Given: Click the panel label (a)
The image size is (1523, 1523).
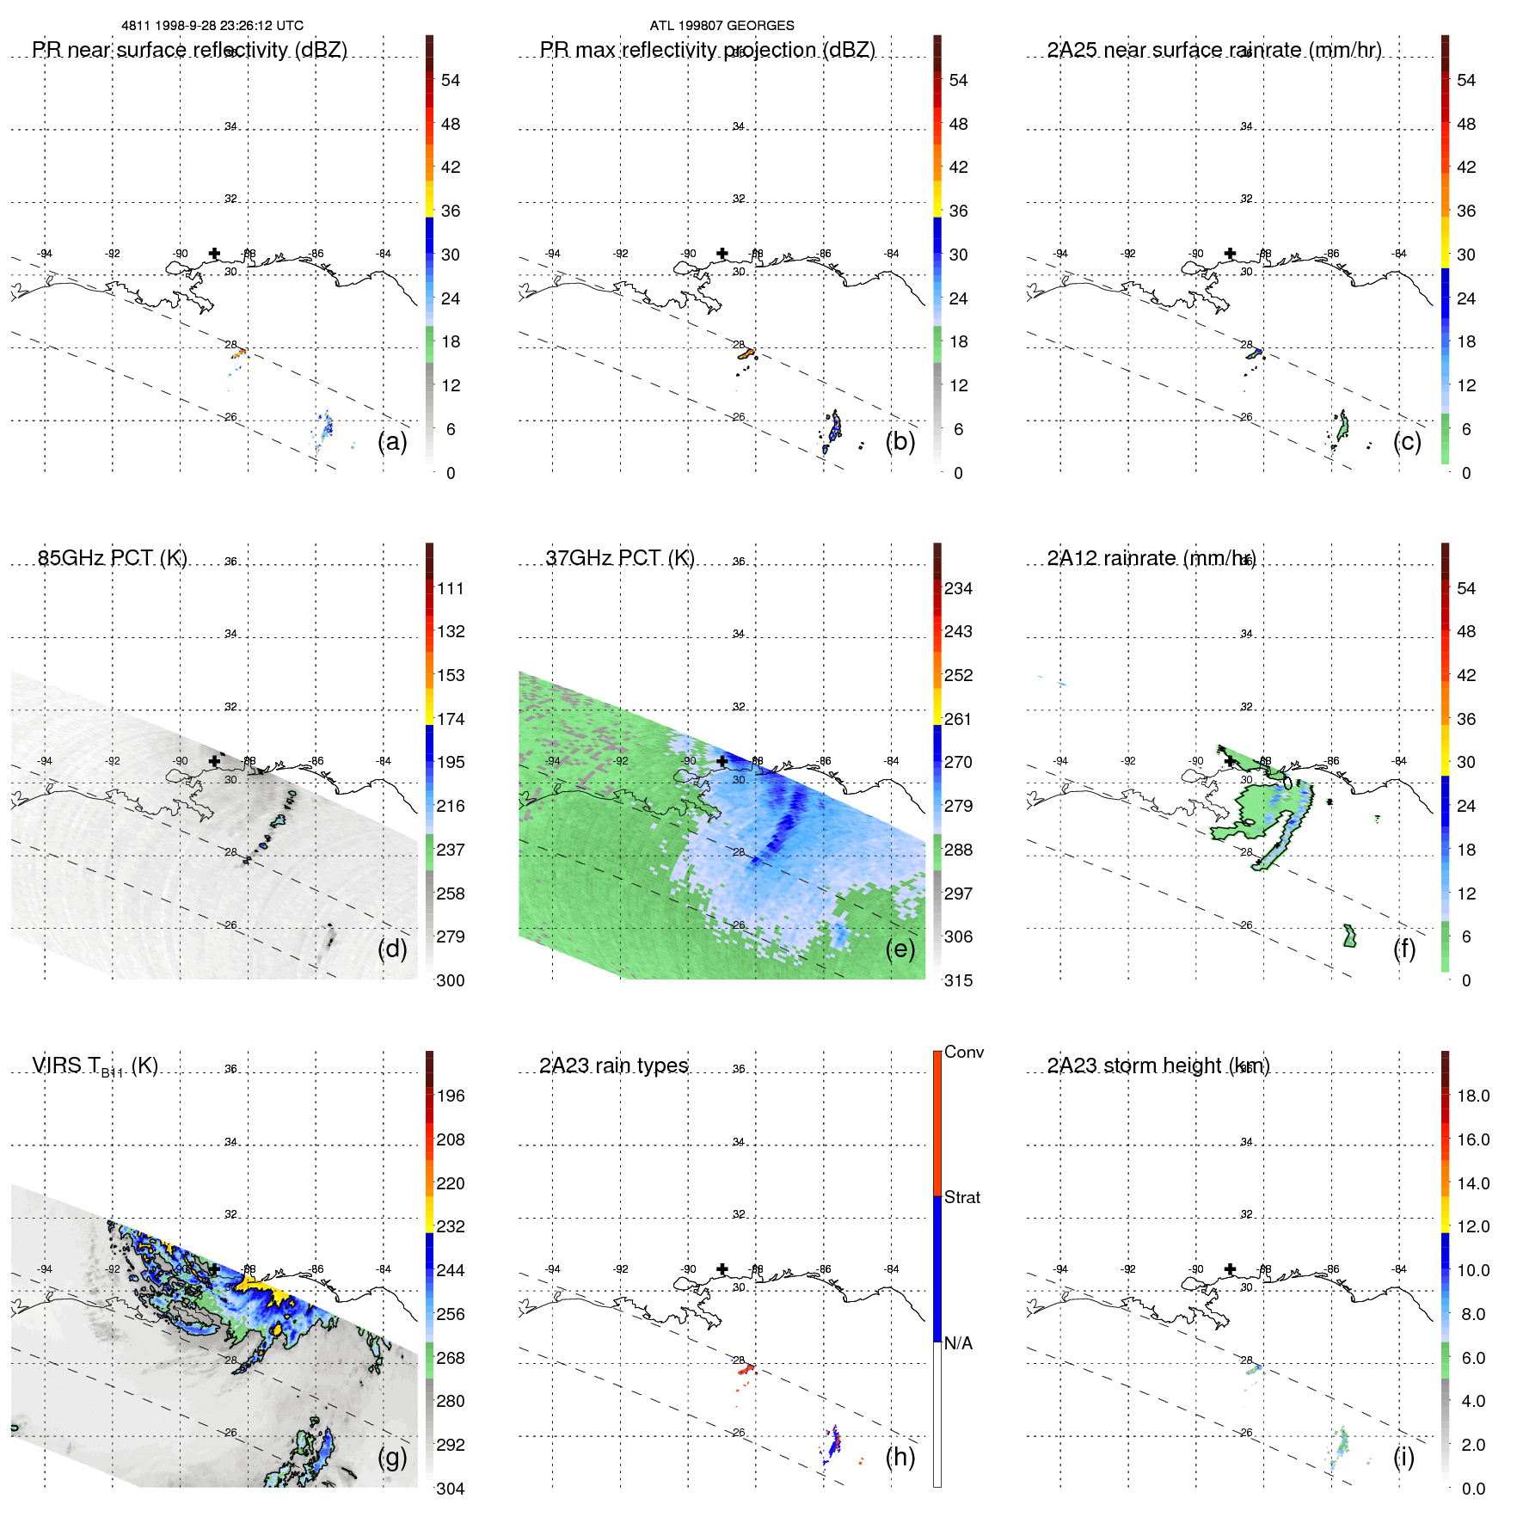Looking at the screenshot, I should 392,441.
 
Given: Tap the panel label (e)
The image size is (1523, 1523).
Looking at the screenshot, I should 900,949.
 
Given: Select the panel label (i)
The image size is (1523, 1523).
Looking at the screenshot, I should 1403,1457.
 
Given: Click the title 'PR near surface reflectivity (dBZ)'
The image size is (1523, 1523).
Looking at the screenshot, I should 189,50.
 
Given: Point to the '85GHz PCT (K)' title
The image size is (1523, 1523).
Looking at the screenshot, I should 113,558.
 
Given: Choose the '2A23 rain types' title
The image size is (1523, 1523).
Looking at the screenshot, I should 613,1065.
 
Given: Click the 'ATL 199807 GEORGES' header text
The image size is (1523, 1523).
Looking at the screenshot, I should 722,26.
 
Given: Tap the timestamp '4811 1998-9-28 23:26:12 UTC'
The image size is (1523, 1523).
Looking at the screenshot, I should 212,26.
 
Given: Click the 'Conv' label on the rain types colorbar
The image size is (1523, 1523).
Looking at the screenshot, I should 964,1052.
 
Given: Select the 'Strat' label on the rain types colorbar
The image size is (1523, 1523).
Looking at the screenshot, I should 962,1197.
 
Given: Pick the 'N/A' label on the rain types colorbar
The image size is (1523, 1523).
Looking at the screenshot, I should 958,1343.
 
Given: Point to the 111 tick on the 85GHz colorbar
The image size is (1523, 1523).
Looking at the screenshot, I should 451,588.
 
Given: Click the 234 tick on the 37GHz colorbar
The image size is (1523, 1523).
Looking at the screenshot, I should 958,588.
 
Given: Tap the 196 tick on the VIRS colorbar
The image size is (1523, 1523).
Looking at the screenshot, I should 451,1096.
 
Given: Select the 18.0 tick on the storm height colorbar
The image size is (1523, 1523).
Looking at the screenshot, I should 1473,1096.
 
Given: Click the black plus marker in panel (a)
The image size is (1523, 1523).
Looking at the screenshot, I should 214,254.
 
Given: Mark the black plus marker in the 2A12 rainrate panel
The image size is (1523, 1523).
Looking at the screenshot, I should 1231,761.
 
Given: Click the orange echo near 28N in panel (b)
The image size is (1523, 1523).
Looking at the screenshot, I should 746,353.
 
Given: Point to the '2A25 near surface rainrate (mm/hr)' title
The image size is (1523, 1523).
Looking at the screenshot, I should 1214,50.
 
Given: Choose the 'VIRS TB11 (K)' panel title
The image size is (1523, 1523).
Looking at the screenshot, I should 95,1066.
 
